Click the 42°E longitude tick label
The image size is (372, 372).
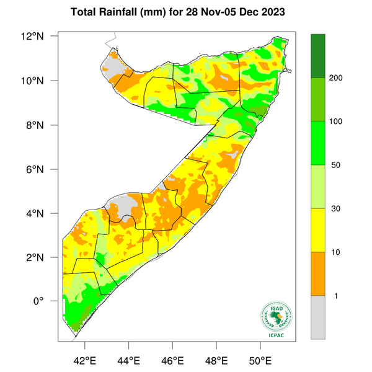(84, 360)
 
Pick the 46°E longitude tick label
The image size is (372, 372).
(172, 360)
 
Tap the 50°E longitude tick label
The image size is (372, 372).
(260, 360)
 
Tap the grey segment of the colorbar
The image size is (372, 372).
(318, 317)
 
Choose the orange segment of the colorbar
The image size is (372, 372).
(318, 273)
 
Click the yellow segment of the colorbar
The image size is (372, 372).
(318, 230)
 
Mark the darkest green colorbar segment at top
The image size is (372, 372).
(318, 56)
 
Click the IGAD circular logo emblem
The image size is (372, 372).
(275, 317)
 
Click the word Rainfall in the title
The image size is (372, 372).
(125, 12)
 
